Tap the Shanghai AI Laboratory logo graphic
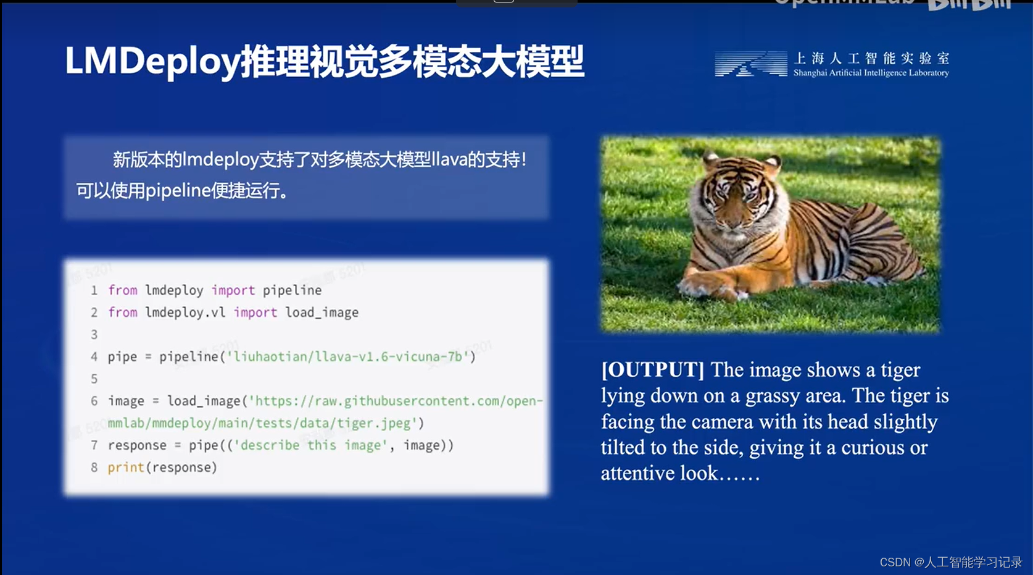coord(750,64)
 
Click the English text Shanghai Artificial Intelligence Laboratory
coord(871,73)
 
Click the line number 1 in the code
coord(94,290)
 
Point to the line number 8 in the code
coord(94,468)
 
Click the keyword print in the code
coord(126,468)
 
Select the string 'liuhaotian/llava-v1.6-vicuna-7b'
coord(348,356)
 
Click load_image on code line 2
coord(322,313)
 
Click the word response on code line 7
coord(137,445)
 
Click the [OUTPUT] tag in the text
coord(652,370)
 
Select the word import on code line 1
coord(233,290)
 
